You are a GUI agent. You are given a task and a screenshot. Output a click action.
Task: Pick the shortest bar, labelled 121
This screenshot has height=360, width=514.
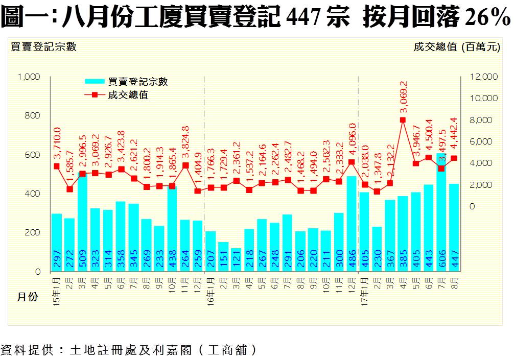coord(236,260)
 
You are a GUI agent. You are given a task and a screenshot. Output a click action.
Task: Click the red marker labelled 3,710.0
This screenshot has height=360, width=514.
coord(57,166)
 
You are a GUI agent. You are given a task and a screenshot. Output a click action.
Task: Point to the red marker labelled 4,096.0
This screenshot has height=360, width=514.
coord(352,162)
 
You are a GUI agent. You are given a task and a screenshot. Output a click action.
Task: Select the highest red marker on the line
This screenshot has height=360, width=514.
coord(403,120)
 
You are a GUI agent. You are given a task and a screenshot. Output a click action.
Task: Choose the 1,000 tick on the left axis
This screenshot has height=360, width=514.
coord(29,77)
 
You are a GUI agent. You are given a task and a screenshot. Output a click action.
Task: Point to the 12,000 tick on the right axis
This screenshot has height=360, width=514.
coord(483,77)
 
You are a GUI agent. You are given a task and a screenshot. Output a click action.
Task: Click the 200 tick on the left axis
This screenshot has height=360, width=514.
coord(33,233)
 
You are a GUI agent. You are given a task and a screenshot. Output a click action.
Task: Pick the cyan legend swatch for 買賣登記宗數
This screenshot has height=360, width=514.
coord(95,81)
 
